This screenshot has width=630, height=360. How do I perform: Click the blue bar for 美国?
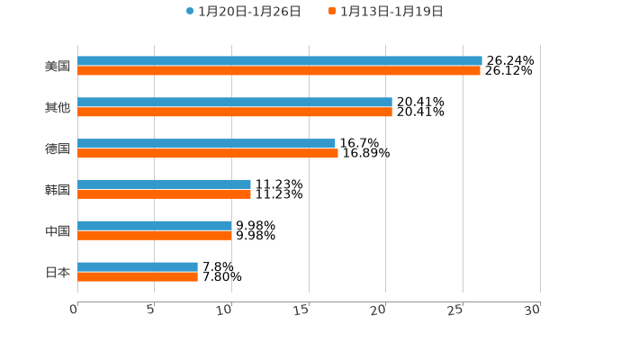tap(279, 61)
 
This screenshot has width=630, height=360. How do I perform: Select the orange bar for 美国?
tap(278, 70)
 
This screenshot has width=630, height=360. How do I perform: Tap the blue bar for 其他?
tap(234, 103)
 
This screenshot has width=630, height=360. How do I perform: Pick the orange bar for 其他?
tap(234, 112)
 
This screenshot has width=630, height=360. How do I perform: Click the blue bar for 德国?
tap(206, 144)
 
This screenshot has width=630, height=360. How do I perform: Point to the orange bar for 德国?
tap(207, 153)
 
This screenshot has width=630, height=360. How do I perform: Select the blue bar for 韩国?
tap(164, 184)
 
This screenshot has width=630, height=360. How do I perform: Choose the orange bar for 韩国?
tap(164, 193)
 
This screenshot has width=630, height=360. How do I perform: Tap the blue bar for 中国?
tap(154, 226)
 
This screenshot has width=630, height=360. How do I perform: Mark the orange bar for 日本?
tap(137, 276)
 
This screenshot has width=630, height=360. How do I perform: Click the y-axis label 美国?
tap(58, 66)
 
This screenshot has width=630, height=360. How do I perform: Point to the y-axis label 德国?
tap(58, 148)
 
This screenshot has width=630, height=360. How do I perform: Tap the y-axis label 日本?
tap(58, 272)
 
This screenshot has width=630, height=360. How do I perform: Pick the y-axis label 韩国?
tap(58, 190)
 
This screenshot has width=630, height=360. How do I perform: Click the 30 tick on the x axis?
tap(533, 310)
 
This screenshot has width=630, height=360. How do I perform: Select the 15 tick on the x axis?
tap(301, 310)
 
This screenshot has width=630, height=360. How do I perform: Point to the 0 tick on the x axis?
tap(74, 310)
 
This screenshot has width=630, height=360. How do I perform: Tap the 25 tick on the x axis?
tap(455, 310)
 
